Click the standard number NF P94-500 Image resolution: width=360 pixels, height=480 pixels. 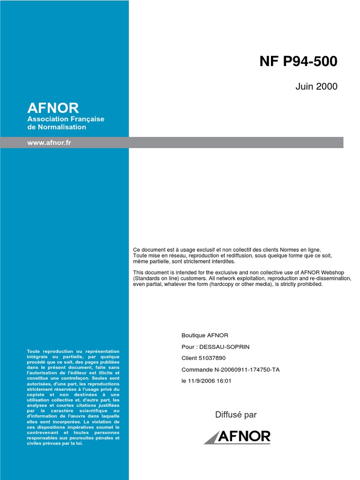tap(298, 62)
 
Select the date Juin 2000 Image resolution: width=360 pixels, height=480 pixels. tap(316, 87)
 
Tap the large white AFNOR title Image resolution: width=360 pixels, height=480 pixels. tap(53, 108)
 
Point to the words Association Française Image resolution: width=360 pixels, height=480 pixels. tap(66, 119)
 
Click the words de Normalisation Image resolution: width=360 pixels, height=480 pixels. tap(57, 127)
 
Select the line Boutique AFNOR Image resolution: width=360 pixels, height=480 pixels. tap(205, 336)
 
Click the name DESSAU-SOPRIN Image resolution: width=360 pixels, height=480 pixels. tap(225, 347)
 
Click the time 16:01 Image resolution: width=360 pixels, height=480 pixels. tap(223, 381)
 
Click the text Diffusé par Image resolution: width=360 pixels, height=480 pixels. tap(236, 415)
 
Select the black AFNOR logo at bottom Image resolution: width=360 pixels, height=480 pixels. tap(237, 437)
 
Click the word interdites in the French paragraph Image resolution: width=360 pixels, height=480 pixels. tap(222, 262)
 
